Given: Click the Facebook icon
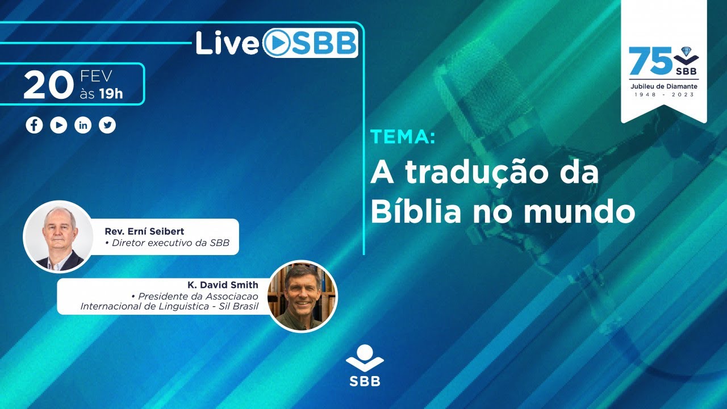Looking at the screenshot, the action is (x=34, y=125).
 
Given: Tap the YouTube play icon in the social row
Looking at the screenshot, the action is (x=59, y=125).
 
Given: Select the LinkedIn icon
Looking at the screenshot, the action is (x=83, y=125).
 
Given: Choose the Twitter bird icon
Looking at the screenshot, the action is (x=107, y=125).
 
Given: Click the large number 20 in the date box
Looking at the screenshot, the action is (x=49, y=85).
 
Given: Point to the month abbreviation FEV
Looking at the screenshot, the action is (x=96, y=76).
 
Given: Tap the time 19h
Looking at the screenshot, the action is (x=111, y=94).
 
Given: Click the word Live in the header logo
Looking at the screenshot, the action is (x=227, y=43).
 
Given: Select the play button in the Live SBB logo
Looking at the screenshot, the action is (x=277, y=43).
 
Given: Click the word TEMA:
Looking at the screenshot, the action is (x=403, y=136).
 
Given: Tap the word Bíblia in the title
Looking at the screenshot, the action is (x=416, y=210).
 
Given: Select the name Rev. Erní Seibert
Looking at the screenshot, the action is (x=144, y=231).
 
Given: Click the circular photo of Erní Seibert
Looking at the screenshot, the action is (x=58, y=237).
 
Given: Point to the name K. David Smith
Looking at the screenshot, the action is (x=223, y=285).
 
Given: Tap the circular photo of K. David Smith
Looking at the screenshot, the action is (x=302, y=297).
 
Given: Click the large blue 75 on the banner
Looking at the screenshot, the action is (x=650, y=61).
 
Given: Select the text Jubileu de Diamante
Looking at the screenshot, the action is (x=664, y=87).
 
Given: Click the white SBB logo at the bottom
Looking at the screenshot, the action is (x=365, y=365).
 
